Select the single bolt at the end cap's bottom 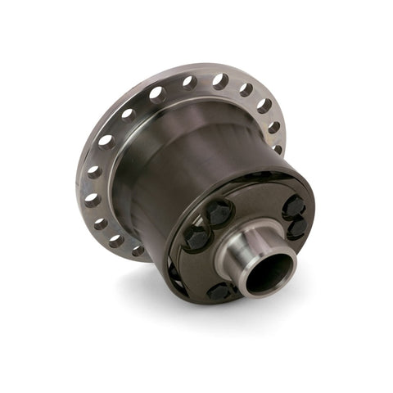[x=222, y=291]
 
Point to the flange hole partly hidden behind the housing [x=278, y=148]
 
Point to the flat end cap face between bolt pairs [x=254, y=205]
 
